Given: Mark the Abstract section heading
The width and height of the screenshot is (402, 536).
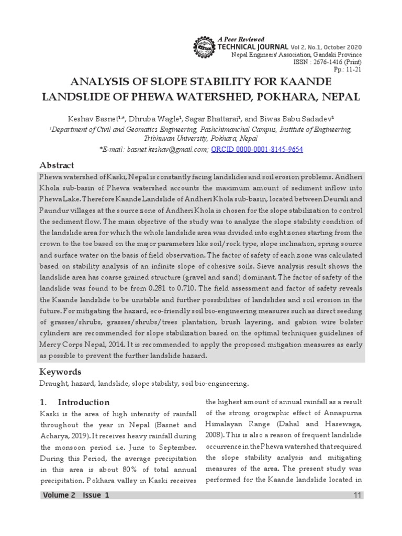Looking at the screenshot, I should [x=57, y=165].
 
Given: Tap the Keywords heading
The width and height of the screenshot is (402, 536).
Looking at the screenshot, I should [x=61, y=372].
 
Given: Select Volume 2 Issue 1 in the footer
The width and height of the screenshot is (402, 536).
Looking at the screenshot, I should [x=76, y=496].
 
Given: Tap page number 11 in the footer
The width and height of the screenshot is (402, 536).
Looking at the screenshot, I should [x=357, y=496].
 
